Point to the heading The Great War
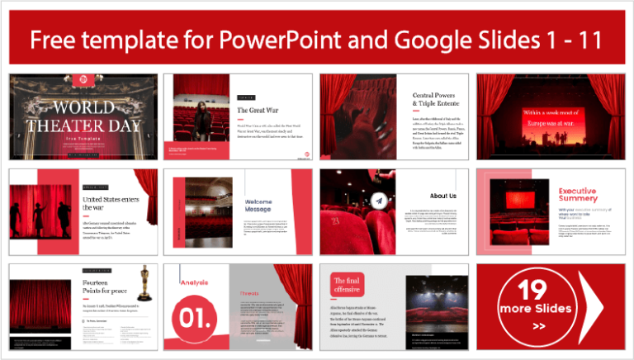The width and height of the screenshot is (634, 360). [x=256, y=110]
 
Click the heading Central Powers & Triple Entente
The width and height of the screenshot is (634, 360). [x=437, y=102]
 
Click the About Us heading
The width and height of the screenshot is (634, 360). [x=442, y=196]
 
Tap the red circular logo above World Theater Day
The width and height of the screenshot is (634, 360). [x=83, y=81]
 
